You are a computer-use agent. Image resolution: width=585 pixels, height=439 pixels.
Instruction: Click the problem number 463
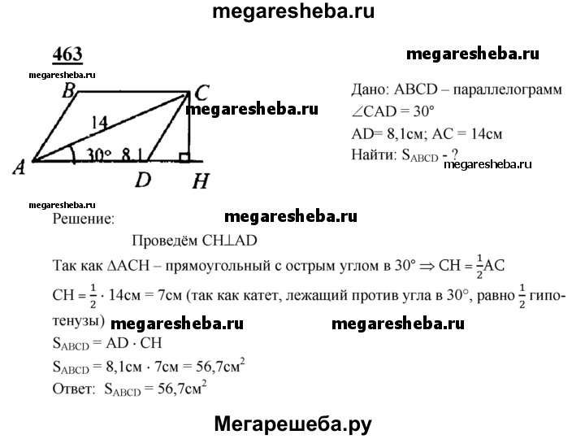67,55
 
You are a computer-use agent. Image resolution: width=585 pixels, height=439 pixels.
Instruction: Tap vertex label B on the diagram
68,90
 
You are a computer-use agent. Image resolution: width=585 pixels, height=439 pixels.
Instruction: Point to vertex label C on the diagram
201,93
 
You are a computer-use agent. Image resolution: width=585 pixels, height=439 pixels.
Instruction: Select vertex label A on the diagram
19,167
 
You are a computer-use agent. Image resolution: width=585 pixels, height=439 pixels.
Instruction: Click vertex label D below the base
143,180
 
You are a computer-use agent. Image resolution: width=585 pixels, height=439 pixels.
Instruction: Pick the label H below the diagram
201,181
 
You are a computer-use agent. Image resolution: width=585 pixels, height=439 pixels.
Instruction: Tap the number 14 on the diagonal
99,123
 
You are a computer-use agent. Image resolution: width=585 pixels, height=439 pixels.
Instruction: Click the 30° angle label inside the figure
99,154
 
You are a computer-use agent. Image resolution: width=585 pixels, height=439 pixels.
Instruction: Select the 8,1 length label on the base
132,154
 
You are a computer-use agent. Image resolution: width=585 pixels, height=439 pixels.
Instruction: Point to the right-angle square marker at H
184,157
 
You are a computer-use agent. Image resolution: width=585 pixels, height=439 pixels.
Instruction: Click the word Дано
370,90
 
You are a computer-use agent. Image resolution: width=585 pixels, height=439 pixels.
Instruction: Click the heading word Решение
84,219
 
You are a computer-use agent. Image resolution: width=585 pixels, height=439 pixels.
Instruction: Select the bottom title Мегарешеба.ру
292,424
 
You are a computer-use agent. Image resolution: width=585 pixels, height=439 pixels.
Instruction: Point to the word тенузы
78,321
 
